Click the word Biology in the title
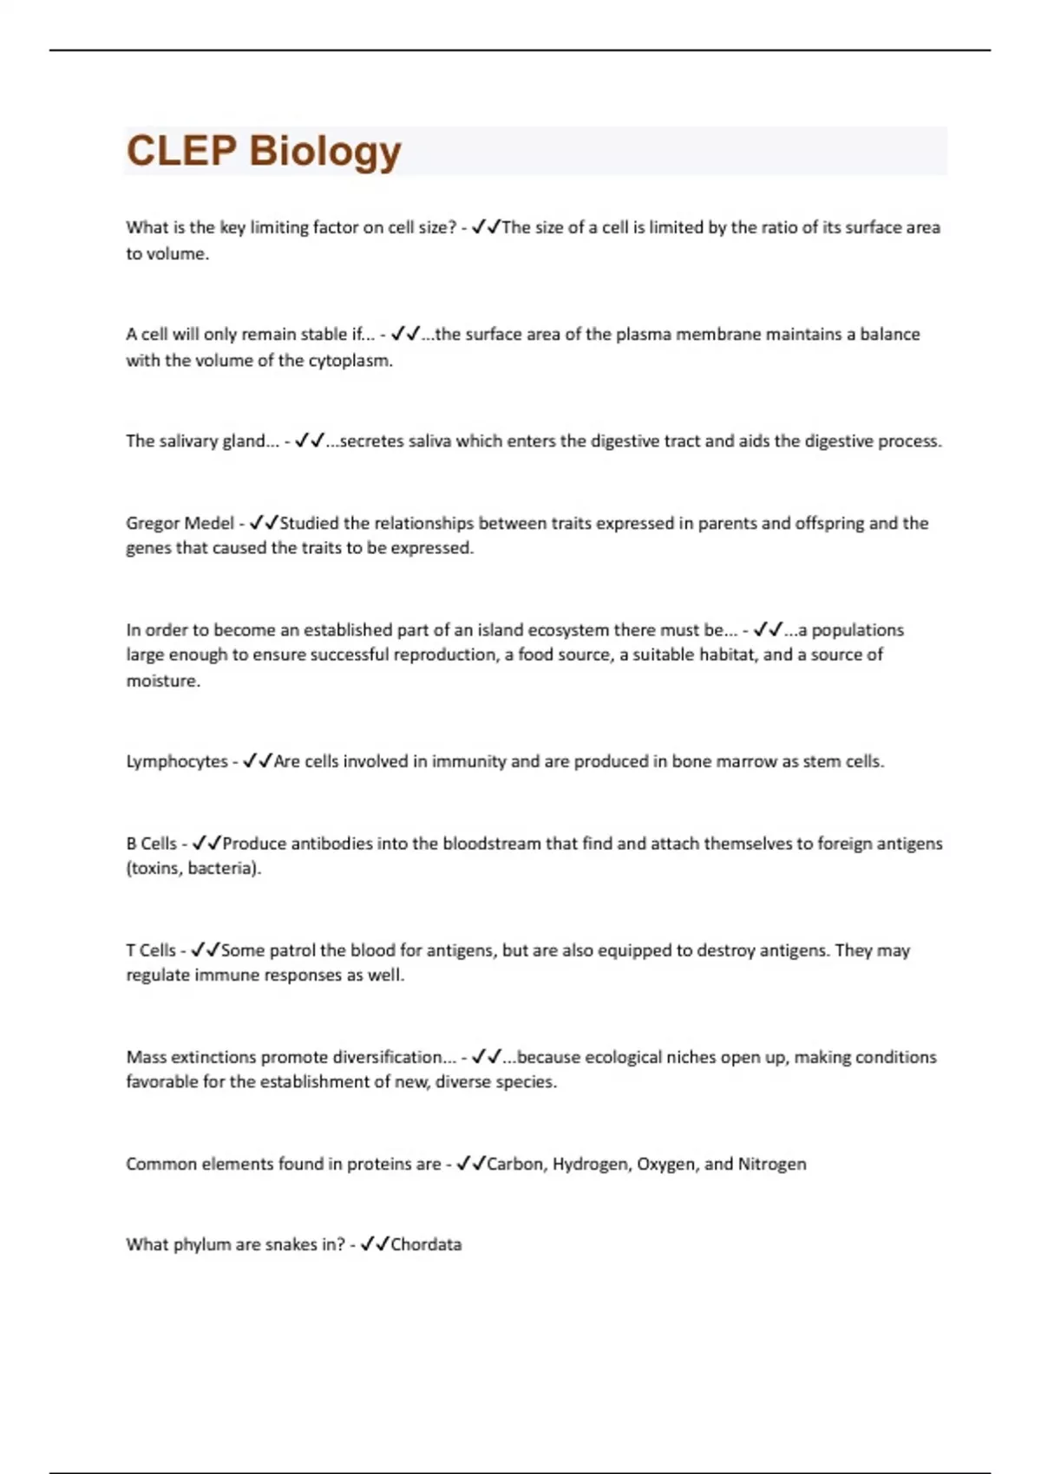click(x=325, y=151)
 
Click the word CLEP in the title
click(x=181, y=151)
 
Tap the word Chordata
click(x=426, y=1244)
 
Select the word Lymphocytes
click(x=177, y=761)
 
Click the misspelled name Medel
click(x=212, y=523)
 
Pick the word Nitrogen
click(x=772, y=1164)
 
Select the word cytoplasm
click(x=350, y=361)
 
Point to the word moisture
click(x=162, y=681)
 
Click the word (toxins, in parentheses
click(x=154, y=868)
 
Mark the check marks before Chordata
click(x=375, y=1244)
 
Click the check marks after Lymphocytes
click(x=258, y=761)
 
